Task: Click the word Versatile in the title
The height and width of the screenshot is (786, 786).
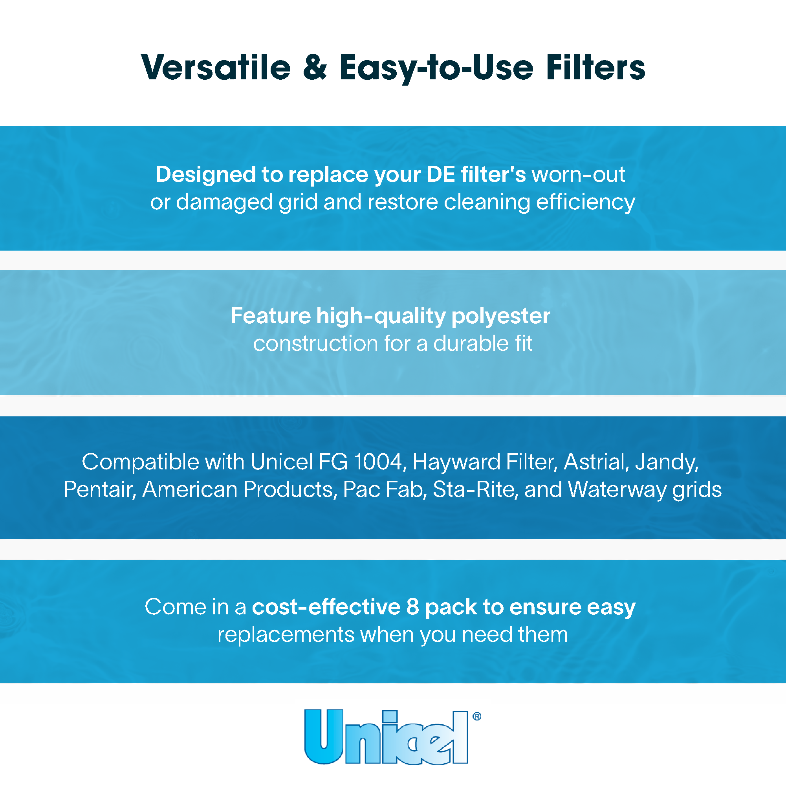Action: pos(216,67)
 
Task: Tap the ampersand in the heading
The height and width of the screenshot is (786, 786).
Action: pos(315,67)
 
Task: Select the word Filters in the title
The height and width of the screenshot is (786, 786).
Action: pos(595,67)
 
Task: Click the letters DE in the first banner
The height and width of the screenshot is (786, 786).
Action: pos(441,174)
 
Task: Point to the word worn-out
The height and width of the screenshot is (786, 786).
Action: pos(579,174)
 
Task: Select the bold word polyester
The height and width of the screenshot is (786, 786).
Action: pos(501,317)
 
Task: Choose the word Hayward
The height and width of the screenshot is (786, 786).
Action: pos(456,463)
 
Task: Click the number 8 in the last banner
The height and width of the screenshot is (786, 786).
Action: pos(412,607)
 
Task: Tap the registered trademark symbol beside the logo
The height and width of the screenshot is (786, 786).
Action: pos(477,716)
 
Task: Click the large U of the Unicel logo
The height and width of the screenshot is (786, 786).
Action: pos(324,737)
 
